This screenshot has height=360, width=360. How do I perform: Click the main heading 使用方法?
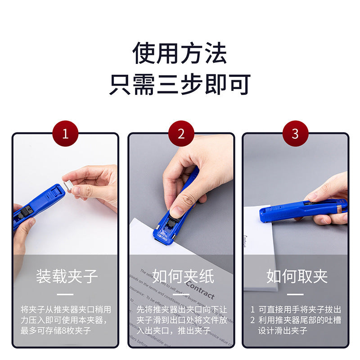pos(180,54)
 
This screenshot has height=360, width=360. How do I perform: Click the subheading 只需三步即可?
pos(180,84)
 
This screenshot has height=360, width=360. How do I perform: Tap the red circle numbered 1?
pos(65,134)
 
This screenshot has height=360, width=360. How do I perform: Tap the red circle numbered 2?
pos(181,134)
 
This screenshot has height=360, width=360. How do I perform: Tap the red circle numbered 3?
pos(295,134)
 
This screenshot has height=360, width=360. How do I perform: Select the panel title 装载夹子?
pos(67,276)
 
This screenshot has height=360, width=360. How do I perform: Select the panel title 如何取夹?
pos(297,276)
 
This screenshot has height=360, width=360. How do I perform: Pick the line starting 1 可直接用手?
pos(296,310)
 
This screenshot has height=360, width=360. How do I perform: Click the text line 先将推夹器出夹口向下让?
pos(182,310)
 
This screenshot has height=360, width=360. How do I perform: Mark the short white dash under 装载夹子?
pos(66,295)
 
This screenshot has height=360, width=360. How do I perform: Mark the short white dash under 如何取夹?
pos(297,295)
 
